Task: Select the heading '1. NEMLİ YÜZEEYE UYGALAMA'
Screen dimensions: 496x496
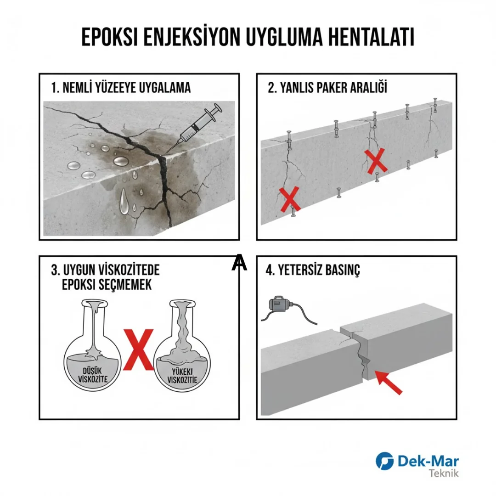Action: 121,88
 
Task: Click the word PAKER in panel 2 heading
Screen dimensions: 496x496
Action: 336,88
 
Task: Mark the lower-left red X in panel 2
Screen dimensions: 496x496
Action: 290,199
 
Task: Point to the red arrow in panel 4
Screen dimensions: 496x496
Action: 388,383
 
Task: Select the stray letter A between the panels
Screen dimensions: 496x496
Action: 239,262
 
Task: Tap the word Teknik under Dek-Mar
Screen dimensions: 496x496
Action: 443,473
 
